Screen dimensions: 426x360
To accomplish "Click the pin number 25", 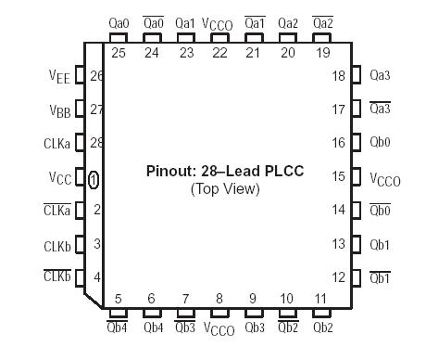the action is pyautogui.click(x=119, y=53).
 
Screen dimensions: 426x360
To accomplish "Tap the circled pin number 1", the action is pyautogui.click(x=94, y=178).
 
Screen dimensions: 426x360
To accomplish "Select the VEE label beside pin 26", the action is pyautogui.click(x=58, y=78).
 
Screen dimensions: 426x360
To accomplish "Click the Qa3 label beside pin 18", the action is pyautogui.click(x=380, y=74).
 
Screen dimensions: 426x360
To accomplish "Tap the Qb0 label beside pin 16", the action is pyautogui.click(x=380, y=143).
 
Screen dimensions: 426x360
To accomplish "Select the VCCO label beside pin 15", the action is pyautogui.click(x=384, y=179).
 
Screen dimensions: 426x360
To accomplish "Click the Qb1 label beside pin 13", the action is pyautogui.click(x=380, y=245).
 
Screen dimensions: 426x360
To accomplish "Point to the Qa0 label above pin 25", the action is pyautogui.click(x=119, y=22).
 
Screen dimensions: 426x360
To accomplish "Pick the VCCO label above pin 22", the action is pyautogui.click(x=219, y=24).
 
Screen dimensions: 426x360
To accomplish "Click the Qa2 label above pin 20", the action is pyautogui.click(x=287, y=22).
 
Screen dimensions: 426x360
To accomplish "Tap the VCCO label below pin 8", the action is pyautogui.click(x=219, y=329).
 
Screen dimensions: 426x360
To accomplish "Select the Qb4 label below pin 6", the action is pyautogui.click(x=152, y=327).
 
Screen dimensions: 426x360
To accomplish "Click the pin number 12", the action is pyautogui.click(x=339, y=277).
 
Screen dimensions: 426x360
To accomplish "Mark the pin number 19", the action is pyautogui.click(x=322, y=53).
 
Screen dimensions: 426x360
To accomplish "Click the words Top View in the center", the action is pyautogui.click(x=225, y=188).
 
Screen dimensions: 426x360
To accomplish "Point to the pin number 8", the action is pyautogui.click(x=219, y=299).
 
